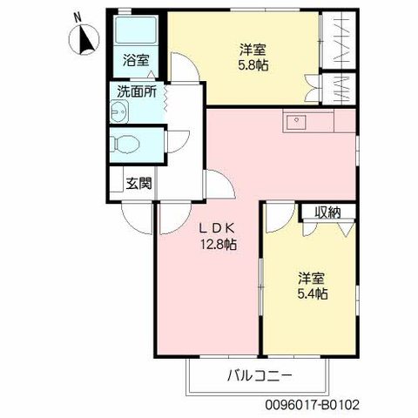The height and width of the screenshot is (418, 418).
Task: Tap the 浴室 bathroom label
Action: [x=135, y=61]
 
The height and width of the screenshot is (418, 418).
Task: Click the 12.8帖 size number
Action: [x=219, y=245]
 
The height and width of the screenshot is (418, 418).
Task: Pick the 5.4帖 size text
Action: [x=313, y=294]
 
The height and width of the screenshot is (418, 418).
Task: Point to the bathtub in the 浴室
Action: [x=136, y=33]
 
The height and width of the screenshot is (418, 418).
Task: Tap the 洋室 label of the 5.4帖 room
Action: [x=312, y=278]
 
